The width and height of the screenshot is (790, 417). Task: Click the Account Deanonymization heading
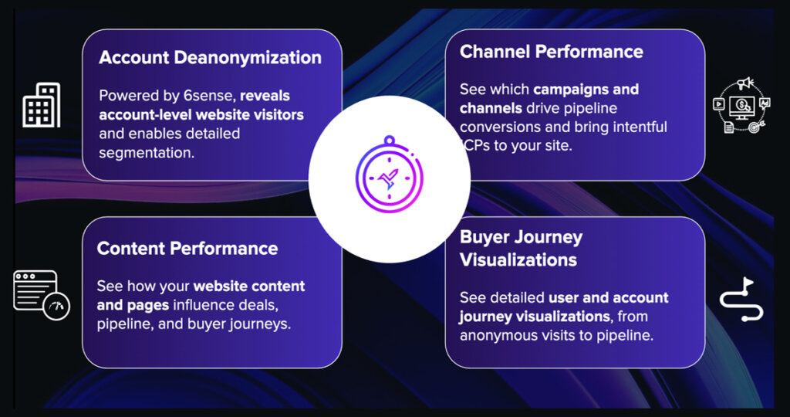(x=210, y=57)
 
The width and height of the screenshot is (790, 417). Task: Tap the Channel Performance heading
(x=551, y=52)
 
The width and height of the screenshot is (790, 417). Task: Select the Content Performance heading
(x=187, y=248)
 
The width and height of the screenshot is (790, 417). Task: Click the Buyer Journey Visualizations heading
(x=521, y=249)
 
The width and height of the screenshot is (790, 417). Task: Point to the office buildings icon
(x=42, y=105)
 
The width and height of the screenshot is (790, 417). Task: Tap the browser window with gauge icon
(x=42, y=296)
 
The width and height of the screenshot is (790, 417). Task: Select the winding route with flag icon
(x=741, y=300)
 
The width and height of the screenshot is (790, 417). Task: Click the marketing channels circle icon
(x=741, y=105)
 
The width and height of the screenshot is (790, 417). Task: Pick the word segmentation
(x=146, y=153)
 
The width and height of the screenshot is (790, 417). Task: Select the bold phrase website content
(x=249, y=286)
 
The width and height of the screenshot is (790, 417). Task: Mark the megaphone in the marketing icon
(x=744, y=83)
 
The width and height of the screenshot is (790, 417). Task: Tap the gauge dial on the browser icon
(x=56, y=306)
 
